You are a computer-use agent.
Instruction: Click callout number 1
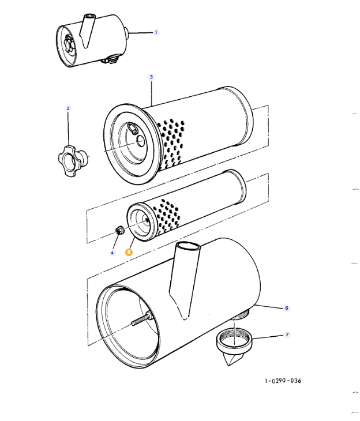tap(155, 32)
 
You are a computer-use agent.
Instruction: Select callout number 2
tap(67, 108)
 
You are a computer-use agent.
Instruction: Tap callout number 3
tap(151, 77)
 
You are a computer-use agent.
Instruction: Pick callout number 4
tap(112, 253)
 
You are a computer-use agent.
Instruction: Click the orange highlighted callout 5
tap(129, 251)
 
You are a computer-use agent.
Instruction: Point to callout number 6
tap(286, 308)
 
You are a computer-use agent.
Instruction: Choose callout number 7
tap(286, 334)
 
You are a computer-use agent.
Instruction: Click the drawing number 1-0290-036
tap(283, 381)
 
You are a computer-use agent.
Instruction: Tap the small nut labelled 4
tap(119, 232)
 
